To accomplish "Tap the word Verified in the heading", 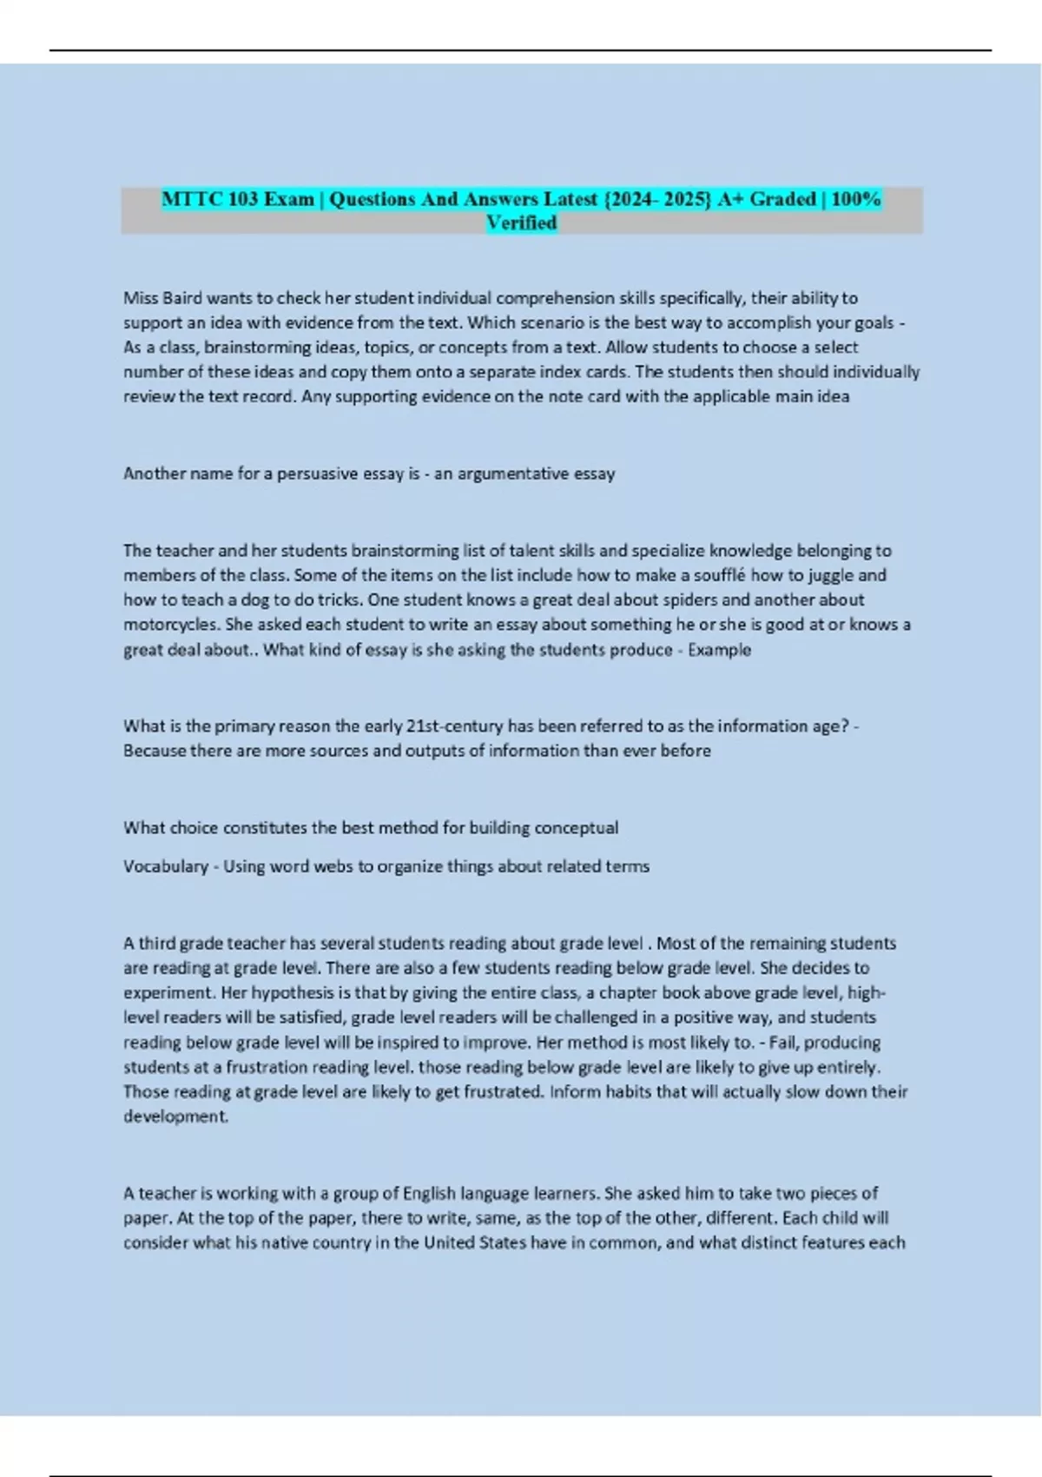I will [x=521, y=223].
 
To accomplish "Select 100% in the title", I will [x=855, y=199].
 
